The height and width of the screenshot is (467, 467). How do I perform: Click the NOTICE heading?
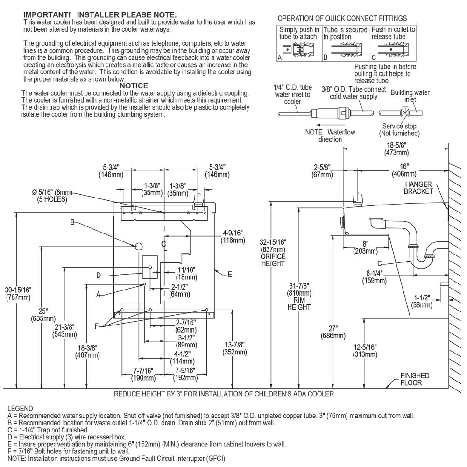(x=134, y=86)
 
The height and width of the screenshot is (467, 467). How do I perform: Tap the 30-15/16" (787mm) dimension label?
(x=18, y=293)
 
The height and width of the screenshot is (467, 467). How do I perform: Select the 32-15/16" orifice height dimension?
(x=273, y=253)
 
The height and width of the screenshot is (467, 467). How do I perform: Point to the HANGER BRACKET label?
(x=418, y=188)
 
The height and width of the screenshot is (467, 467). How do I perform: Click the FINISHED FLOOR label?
(x=415, y=379)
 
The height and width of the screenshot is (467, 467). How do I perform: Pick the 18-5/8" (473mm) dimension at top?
(x=396, y=149)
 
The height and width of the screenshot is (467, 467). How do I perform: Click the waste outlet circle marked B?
(x=139, y=246)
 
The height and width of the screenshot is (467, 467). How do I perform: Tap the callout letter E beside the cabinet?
(x=230, y=274)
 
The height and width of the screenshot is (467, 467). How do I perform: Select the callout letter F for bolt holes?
(x=97, y=326)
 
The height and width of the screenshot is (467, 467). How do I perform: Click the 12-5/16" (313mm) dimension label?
(x=365, y=351)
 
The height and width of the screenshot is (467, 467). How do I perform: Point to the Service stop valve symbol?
(x=405, y=113)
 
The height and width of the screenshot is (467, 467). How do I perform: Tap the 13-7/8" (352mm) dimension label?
(x=235, y=348)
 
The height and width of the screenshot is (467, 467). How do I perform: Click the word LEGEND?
(x=20, y=409)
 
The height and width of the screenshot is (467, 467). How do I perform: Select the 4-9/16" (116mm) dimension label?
(x=233, y=236)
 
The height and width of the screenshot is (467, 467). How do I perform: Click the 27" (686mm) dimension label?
(x=333, y=332)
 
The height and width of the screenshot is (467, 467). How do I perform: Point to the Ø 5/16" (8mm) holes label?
(x=52, y=196)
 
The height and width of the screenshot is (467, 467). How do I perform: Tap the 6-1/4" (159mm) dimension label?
(x=375, y=277)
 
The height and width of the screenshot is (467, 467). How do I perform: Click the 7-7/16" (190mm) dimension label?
(x=143, y=375)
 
